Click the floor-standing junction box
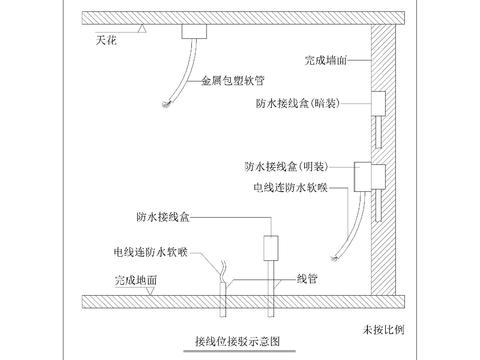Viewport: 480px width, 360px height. click(x=270, y=248)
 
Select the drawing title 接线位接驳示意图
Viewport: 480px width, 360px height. click(x=238, y=339)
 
